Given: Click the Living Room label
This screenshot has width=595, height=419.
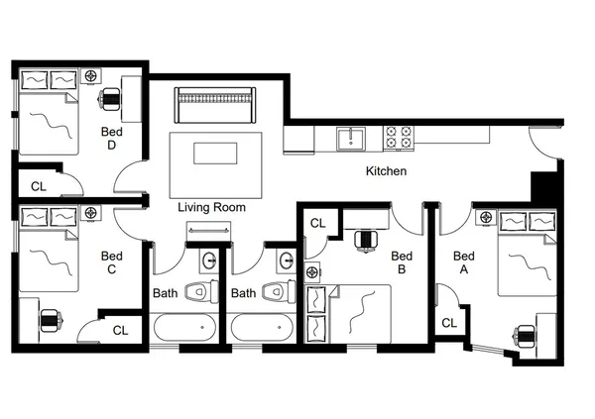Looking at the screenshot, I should click(211, 208).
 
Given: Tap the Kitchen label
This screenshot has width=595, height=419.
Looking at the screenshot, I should click(386, 171).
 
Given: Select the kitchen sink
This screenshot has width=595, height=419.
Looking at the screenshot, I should click(349, 138).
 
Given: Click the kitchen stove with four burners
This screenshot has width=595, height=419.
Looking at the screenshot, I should click(398, 137).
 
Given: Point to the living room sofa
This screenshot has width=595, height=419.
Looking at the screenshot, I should click(215, 102).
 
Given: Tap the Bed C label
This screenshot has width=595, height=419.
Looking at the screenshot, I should click(111, 262).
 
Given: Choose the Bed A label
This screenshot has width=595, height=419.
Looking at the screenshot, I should click(462, 262).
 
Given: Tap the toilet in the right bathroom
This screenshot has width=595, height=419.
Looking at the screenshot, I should click(278, 291).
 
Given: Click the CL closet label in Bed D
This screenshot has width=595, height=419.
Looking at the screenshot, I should click(38, 185).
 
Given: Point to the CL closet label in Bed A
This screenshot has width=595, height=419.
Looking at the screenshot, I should click(449, 322).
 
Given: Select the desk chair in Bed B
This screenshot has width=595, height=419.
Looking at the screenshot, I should click(366, 239).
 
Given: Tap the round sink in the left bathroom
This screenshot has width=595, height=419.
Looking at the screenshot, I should click(209, 262).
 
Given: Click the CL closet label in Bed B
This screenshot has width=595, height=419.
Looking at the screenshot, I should click(317, 223).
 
